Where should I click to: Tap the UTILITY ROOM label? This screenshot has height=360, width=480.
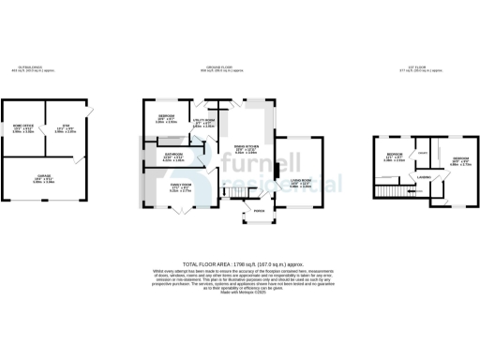click(x=204, y=120)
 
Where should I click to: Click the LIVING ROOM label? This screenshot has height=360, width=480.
click(x=301, y=181)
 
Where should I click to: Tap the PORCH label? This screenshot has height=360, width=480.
click(x=259, y=212)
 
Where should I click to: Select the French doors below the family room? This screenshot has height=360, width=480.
click(x=176, y=210)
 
